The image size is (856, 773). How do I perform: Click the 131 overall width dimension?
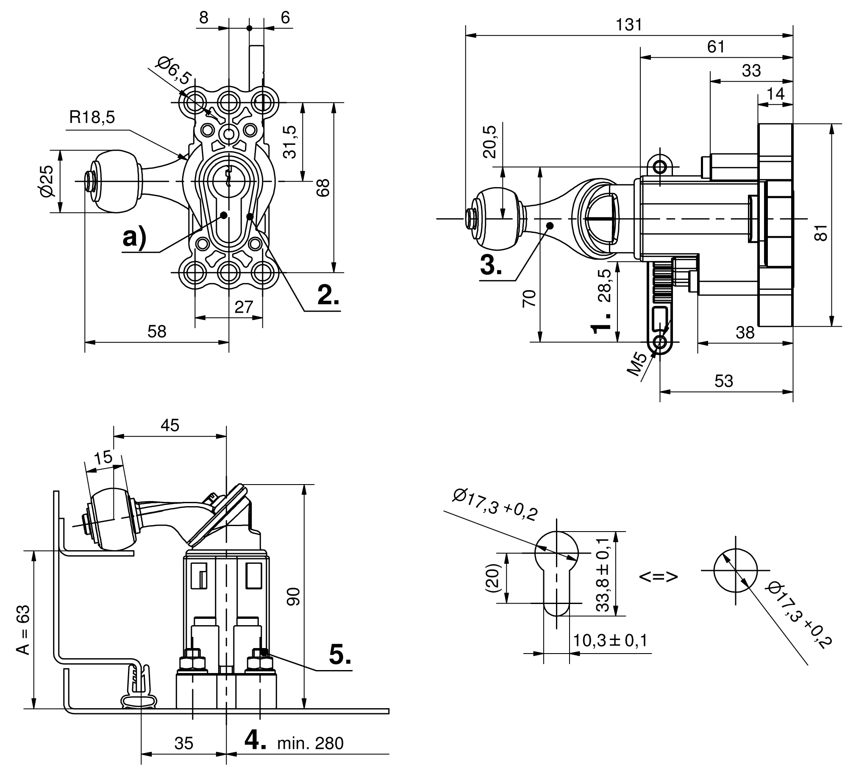629,25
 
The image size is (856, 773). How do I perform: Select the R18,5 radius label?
92,117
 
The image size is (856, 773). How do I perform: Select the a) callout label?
134,238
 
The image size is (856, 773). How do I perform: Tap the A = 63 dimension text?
24,630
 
